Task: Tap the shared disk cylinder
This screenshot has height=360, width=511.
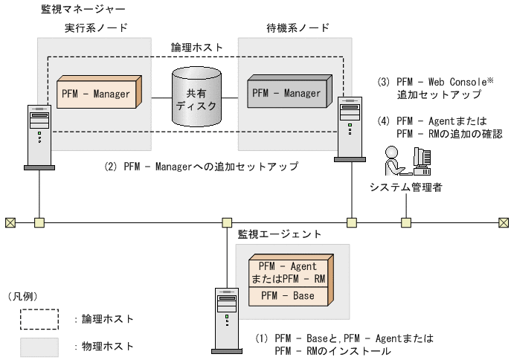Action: tap(198, 97)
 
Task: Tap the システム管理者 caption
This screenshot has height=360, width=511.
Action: tap(406, 187)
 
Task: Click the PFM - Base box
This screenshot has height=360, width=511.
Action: tap(286, 296)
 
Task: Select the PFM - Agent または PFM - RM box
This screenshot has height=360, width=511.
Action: tap(287, 271)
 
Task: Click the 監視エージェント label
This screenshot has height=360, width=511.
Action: tap(279, 234)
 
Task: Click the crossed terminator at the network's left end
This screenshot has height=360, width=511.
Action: tap(10, 222)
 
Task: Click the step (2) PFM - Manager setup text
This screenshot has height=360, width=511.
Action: tap(201, 167)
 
